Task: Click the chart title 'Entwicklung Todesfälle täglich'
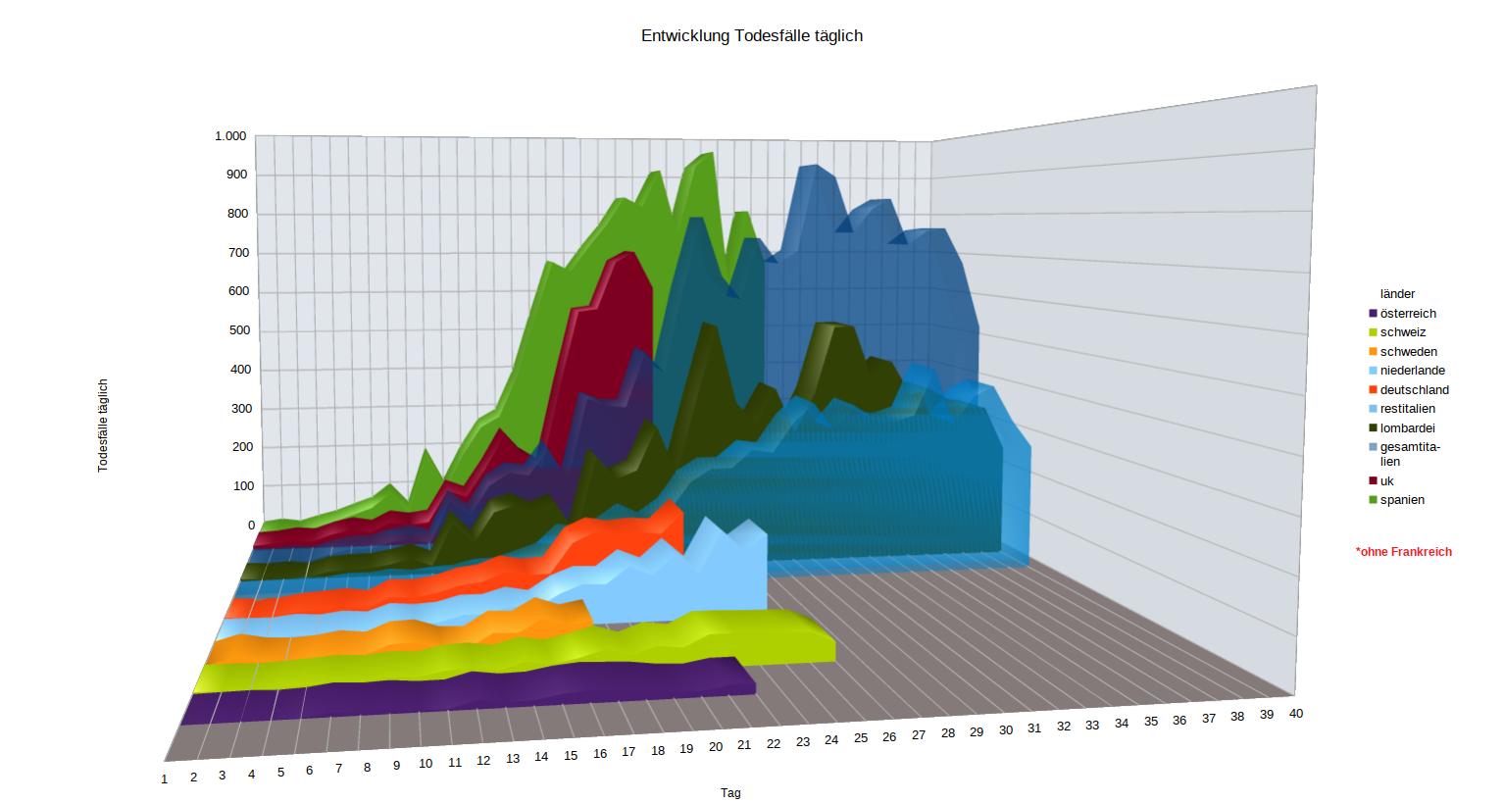point(751,36)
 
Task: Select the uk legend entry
point(1386,481)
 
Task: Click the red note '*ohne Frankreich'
point(1403,552)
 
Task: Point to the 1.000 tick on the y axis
point(230,136)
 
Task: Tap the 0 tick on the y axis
point(251,526)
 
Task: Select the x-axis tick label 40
point(1295,713)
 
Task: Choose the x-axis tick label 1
point(165,778)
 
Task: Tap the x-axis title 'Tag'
point(730,792)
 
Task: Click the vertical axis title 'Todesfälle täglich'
point(103,426)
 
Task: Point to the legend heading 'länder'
point(1397,294)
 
